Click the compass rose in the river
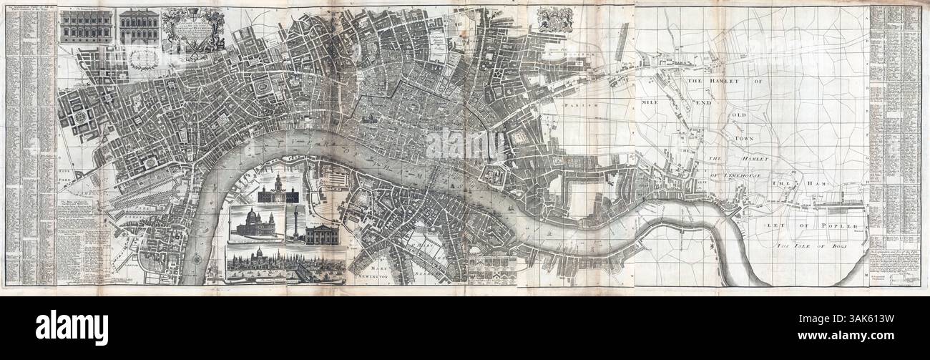point(197,260)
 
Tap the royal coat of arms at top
point(555,20)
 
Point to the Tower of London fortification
point(494,174)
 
